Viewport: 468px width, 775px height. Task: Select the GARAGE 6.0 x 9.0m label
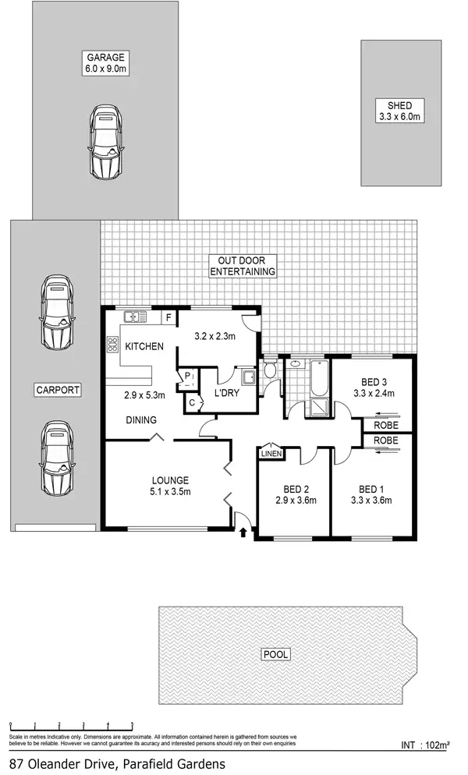click(x=106, y=63)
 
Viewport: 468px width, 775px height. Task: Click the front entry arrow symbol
click(x=243, y=533)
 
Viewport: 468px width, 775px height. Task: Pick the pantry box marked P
click(x=188, y=376)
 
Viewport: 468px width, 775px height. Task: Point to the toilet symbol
click(x=269, y=370)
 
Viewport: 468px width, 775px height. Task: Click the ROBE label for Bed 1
click(x=385, y=440)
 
